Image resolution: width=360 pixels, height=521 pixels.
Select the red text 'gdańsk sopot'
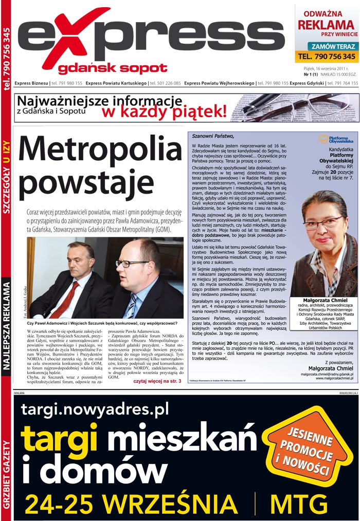113,68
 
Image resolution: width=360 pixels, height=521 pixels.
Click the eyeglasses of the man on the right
131,263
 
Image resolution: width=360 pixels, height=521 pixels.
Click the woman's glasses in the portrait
322,224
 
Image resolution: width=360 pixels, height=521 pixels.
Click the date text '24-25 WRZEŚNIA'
131,504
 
